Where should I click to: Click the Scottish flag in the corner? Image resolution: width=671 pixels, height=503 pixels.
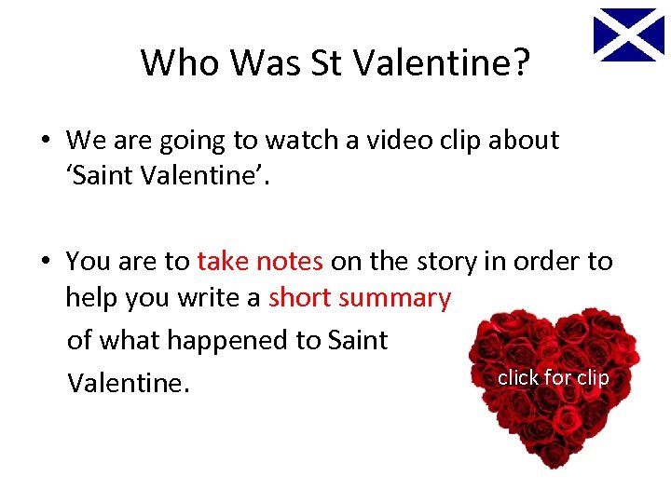click(629, 34)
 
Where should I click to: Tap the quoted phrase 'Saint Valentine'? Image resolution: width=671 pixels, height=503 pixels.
click(168, 177)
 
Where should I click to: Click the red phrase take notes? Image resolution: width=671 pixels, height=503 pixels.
click(260, 261)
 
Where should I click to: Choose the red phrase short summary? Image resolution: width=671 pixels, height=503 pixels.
click(360, 298)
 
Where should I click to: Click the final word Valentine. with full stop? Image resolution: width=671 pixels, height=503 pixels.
click(128, 382)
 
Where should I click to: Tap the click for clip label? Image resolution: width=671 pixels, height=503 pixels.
click(553, 377)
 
